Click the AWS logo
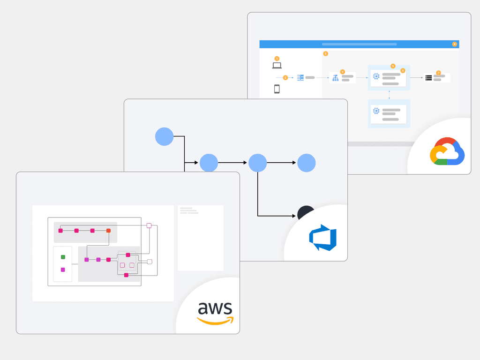(215, 313)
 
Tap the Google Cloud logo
(447, 151)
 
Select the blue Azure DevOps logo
(323, 238)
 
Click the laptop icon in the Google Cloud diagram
(277, 66)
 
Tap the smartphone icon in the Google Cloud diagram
(277, 89)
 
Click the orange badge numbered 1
(277, 59)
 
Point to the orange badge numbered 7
(438, 73)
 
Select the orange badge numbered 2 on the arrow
(285, 77)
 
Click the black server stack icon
(428, 78)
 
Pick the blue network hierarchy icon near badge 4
(335, 78)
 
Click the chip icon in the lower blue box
(375, 111)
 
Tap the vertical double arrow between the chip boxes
(390, 95)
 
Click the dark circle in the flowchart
(305, 213)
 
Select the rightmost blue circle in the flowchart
(306, 163)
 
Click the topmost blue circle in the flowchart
(164, 136)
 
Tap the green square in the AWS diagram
(63, 257)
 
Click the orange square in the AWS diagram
(108, 231)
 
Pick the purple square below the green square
(63, 270)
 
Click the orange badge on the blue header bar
(454, 44)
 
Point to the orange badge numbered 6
(403, 70)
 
